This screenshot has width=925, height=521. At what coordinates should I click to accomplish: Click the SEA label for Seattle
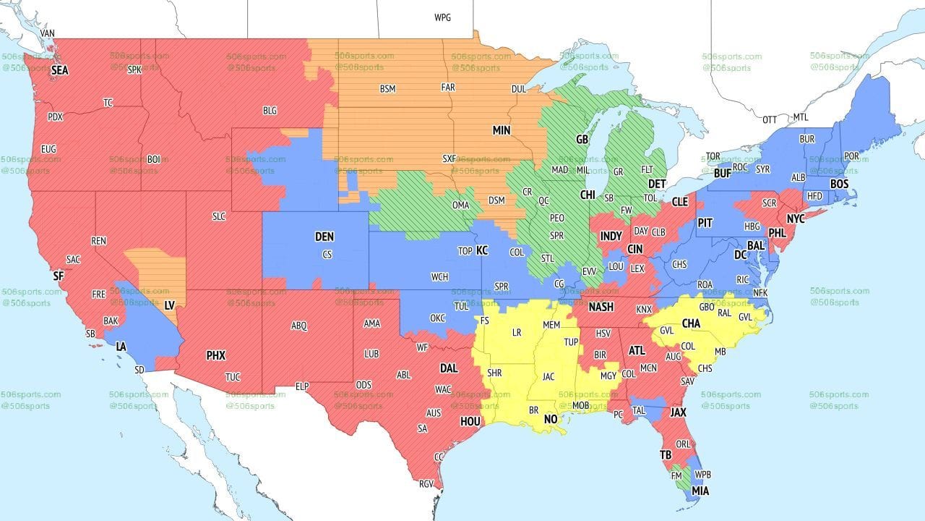[x=60, y=71]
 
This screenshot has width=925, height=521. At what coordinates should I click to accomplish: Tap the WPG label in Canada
[x=442, y=17]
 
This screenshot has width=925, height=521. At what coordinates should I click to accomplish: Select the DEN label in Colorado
[x=324, y=237]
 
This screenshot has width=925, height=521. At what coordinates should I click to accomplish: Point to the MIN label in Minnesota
[x=502, y=131]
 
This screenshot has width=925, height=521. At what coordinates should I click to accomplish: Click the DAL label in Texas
[x=449, y=368]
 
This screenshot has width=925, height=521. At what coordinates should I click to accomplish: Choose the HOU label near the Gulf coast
[x=470, y=421]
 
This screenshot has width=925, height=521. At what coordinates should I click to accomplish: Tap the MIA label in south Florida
[x=700, y=491]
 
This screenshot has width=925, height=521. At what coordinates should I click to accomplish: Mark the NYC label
[x=796, y=219]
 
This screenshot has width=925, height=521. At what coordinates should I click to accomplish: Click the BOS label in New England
[x=839, y=185]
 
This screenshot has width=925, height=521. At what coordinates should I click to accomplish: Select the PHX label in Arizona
[x=215, y=355]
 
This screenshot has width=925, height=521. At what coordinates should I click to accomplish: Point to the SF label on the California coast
[x=59, y=276]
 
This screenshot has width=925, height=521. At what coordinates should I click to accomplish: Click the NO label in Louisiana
[x=551, y=420]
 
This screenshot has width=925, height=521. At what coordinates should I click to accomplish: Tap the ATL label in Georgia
[x=637, y=350]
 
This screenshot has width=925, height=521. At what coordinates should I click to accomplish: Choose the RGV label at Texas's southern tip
[x=426, y=484]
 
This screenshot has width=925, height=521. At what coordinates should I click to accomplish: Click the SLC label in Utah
[x=218, y=216]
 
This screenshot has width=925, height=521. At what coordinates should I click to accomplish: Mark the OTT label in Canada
[x=770, y=119]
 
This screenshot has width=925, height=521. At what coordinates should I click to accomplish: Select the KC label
[x=482, y=250]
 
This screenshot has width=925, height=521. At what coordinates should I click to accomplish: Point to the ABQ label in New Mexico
[x=299, y=326]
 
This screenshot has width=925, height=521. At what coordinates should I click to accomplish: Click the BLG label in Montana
[x=270, y=111]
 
